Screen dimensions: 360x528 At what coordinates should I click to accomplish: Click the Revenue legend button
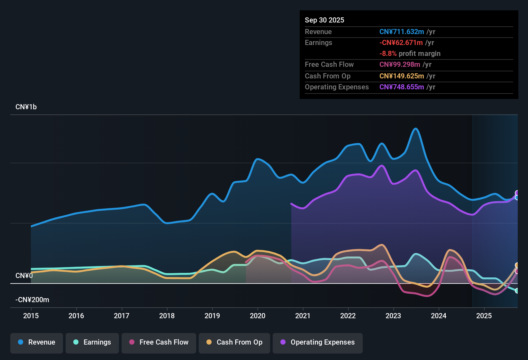(37, 342)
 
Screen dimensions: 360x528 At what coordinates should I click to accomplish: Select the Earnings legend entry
(92, 342)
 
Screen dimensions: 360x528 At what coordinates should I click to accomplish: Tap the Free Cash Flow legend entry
(159, 342)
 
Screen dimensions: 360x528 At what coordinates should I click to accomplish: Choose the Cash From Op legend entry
(234, 342)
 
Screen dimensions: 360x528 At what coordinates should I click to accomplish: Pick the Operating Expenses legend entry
(318, 342)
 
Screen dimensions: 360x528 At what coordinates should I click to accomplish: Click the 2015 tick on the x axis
(31, 316)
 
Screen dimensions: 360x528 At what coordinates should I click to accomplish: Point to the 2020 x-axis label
(258, 316)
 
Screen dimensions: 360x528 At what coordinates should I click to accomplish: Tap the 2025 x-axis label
(484, 316)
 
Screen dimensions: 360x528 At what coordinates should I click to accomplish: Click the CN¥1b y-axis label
(26, 107)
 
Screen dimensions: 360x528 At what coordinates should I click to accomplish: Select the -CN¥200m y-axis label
(32, 300)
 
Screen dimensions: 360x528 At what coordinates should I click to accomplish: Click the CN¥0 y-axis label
(24, 276)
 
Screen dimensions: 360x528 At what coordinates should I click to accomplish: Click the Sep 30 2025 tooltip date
(324, 20)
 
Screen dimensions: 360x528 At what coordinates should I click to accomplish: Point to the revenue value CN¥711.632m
(402, 32)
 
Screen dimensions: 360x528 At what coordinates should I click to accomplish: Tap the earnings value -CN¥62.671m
(401, 42)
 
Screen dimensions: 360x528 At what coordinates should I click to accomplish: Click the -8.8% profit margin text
(410, 53)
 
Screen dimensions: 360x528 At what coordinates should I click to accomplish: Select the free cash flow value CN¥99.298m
(400, 64)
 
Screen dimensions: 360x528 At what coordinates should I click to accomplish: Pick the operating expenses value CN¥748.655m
(402, 87)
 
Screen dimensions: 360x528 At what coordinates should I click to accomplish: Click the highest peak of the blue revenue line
(416, 129)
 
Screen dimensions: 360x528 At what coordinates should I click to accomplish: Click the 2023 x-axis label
(393, 316)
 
